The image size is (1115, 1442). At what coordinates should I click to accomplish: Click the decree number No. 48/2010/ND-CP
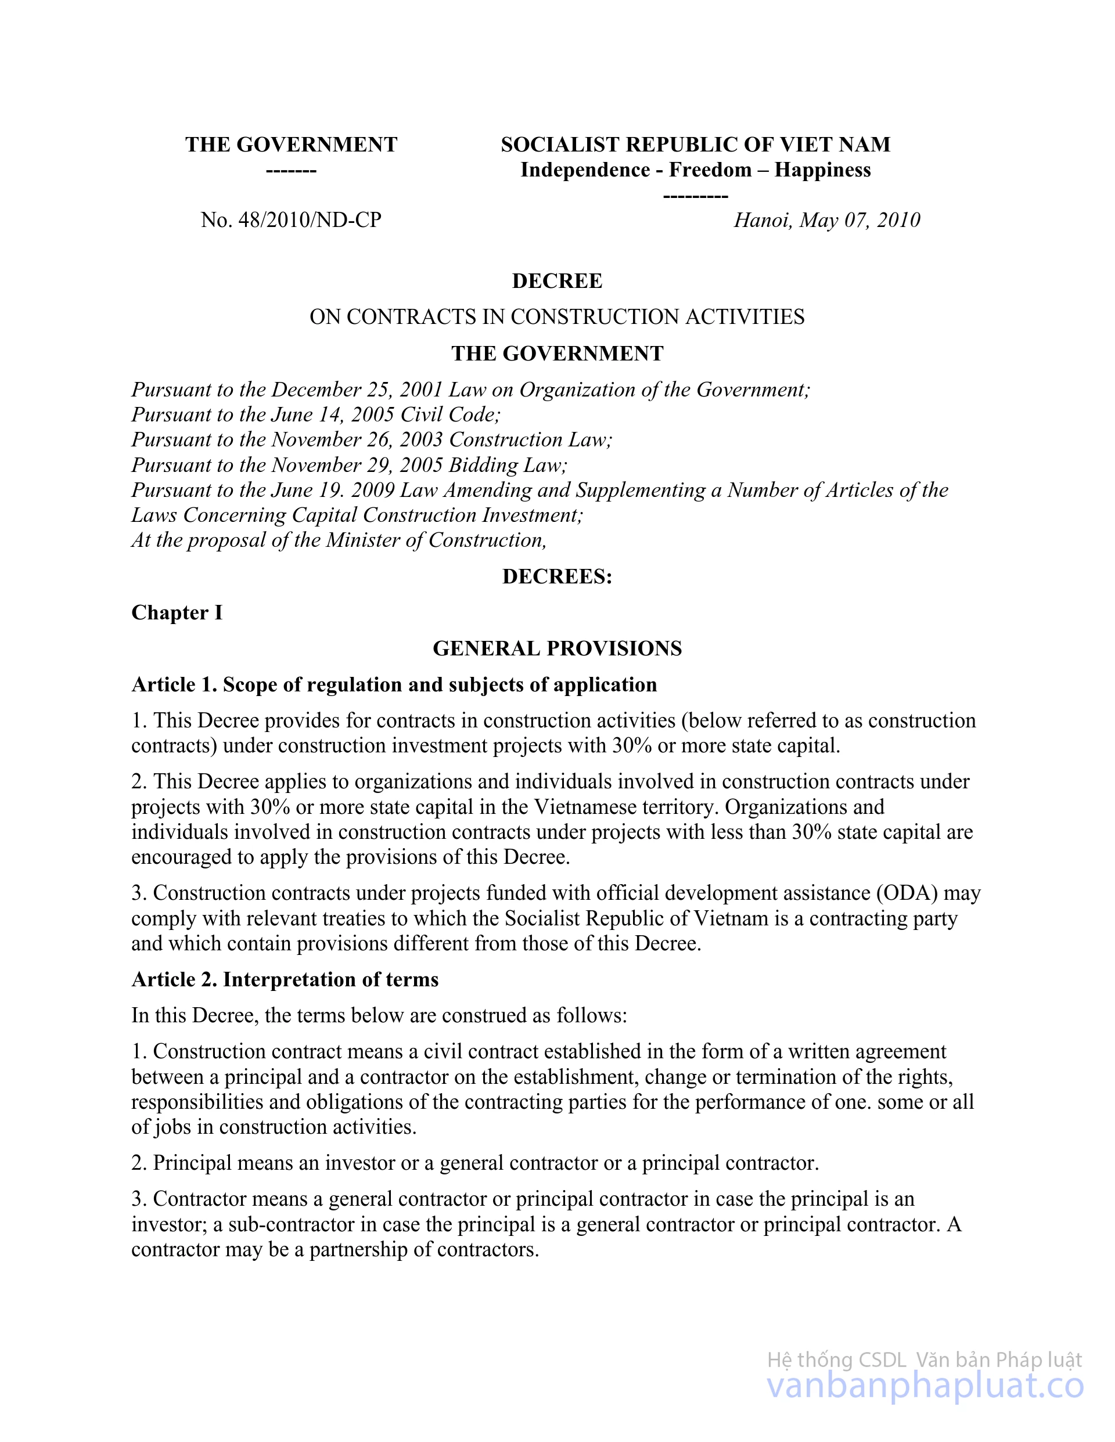tap(292, 220)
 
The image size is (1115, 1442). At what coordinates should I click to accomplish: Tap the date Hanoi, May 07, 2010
tap(826, 220)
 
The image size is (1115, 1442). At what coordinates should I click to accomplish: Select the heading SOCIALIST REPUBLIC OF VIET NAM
tap(696, 145)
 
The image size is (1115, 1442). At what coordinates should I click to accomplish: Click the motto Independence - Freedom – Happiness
tap(696, 170)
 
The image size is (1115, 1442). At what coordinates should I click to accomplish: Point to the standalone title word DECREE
tap(557, 282)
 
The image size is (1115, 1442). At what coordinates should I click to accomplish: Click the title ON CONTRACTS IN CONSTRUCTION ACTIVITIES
tap(557, 317)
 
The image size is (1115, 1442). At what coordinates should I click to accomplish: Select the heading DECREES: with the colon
tap(557, 577)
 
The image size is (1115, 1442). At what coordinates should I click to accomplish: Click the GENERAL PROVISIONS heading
tap(557, 648)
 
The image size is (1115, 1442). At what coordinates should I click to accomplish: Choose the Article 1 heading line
tap(394, 684)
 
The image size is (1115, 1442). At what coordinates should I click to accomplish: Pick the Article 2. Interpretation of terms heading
tap(285, 979)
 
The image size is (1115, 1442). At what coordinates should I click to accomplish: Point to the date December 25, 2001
tap(357, 390)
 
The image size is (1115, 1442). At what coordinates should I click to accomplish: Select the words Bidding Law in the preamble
tap(508, 465)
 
